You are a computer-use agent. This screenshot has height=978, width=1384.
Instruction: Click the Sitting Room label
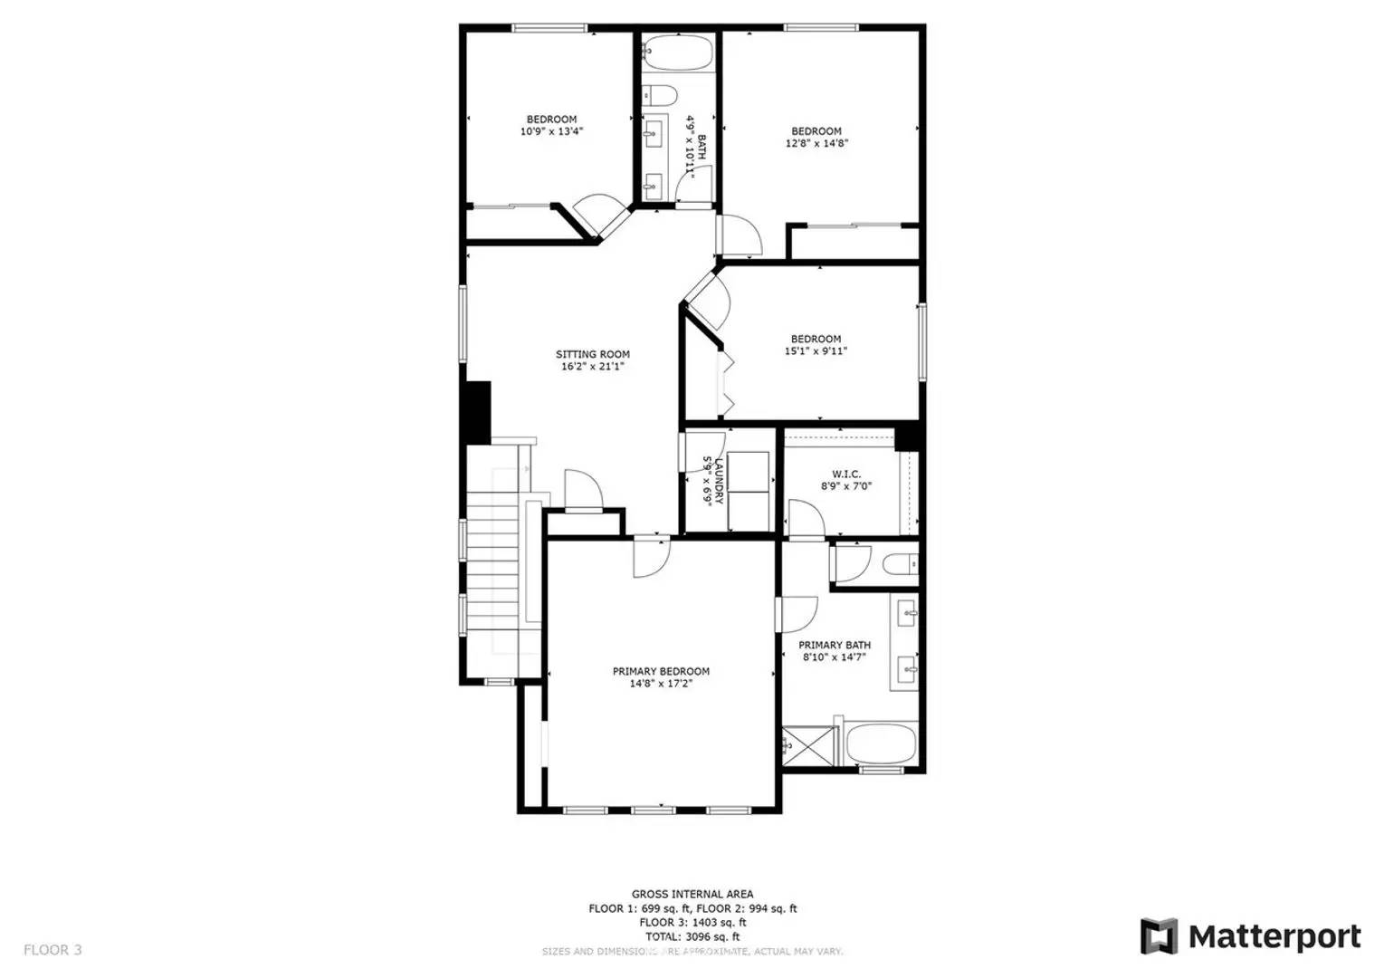coord(593,354)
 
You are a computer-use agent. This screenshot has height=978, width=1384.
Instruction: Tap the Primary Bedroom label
coord(661,671)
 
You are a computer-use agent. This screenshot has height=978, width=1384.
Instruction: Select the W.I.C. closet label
coord(846,474)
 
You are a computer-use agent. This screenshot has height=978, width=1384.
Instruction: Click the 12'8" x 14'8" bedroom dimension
coord(816,143)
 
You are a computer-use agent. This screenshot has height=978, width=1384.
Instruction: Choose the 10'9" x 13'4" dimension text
coord(551,131)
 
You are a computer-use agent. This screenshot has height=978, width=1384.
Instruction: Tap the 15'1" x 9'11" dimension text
coord(816,351)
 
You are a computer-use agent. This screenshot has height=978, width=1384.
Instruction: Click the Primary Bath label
coord(835,645)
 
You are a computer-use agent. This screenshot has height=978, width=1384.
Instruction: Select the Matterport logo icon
coord(1159,936)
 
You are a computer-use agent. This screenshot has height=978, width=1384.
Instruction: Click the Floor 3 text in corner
coord(52,950)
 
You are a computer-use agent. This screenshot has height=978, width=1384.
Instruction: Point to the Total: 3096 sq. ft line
coord(692,936)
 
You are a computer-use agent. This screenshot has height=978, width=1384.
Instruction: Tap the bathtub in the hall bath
coord(679,53)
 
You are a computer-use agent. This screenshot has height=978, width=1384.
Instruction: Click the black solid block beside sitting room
coord(476,411)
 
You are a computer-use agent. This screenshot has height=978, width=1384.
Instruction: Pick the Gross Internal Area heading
coord(692,895)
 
